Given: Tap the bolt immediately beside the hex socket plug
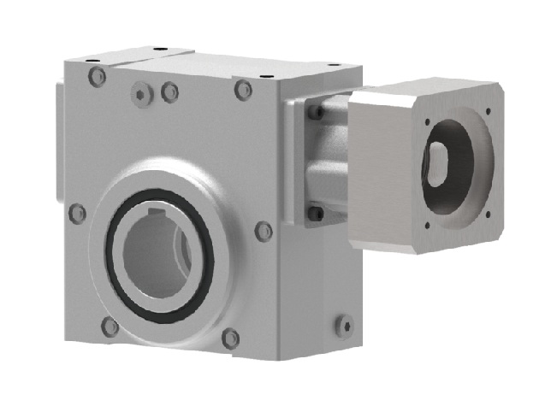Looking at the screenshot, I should pyautogui.click(x=169, y=91).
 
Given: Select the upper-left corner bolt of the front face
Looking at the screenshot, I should pyautogui.click(x=98, y=77).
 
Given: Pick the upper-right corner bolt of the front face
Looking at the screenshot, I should pyautogui.click(x=244, y=90).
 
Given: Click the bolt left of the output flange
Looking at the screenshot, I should pyautogui.click(x=78, y=213).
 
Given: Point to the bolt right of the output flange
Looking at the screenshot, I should pyautogui.click(x=264, y=231).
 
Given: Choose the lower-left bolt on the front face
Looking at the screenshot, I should pyautogui.click(x=110, y=326).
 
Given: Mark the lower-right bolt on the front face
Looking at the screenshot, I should pyautogui.click(x=230, y=338).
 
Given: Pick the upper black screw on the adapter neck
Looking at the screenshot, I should pyautogui.click(x=316, y=112).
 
